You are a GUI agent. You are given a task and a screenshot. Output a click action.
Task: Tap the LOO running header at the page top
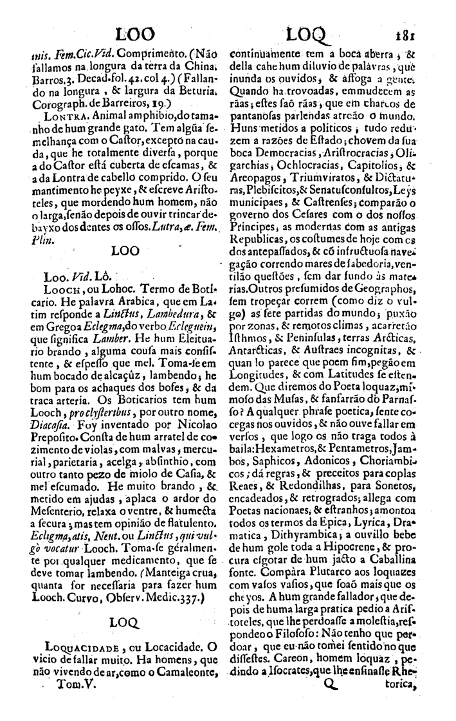click(138, 33)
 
